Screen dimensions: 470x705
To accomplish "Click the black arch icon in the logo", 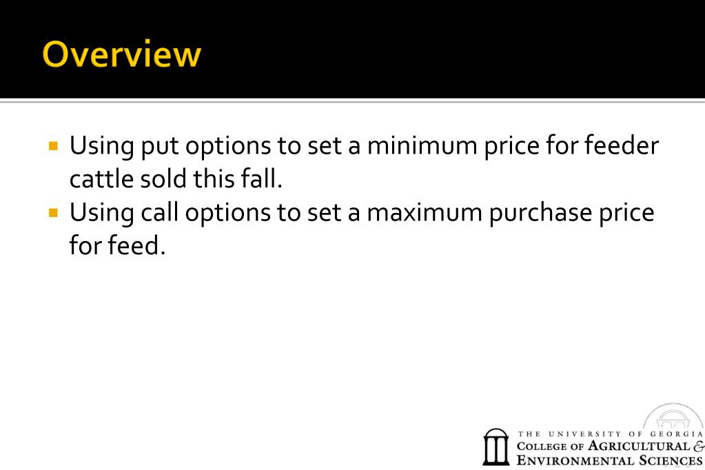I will (x=496, y=447).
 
